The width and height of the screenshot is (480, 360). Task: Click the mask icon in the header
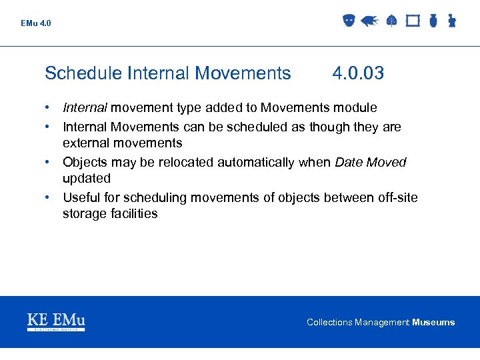(347, 21)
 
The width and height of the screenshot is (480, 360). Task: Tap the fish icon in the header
(369, 21)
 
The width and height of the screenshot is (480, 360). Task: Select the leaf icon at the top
(391, 21)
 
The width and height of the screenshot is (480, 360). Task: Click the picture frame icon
(413, 21)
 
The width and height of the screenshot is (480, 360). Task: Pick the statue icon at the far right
(451, 21)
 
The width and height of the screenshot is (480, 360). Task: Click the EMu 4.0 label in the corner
(35, 23)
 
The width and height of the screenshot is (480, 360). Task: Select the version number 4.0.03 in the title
(358, 73)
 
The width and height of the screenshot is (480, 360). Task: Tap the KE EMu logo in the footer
(56, 321)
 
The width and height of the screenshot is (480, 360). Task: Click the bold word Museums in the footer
(433, 323)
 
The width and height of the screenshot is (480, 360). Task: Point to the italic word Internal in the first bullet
(85, 108)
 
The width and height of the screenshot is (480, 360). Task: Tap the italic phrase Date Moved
(371, 162)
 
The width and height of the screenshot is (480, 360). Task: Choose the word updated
(87, 179)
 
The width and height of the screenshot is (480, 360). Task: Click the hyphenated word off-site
(395, 197)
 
